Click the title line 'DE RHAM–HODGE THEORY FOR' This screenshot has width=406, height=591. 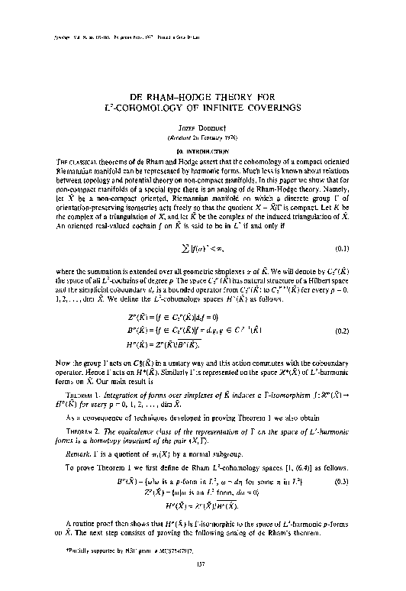click(202, 98)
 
